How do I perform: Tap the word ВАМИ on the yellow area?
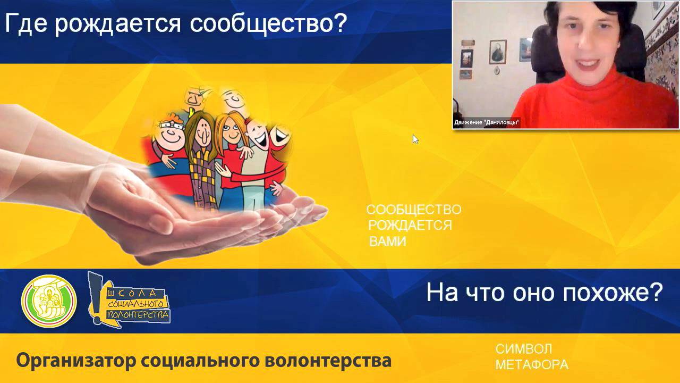pyautogui.click(x=387, y=242)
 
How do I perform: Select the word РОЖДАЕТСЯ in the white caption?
pyautogui.click(x=410, y=225)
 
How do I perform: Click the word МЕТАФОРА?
pyautogui.click(x=531, y=365)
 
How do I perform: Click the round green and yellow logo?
pyautogui.click(x=49, y=301)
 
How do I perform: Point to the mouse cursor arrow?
pyautogui.click(x=415, y=139)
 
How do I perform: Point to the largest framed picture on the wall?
pyautogui.click(x=498, y=52)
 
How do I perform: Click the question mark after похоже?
pyautogui.click(x=656, y=292)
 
